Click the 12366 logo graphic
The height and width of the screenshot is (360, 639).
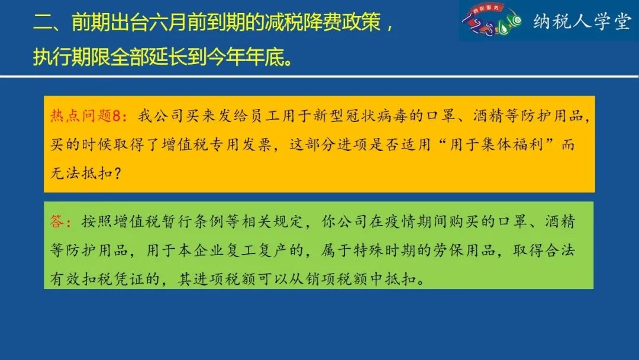pos(492,20)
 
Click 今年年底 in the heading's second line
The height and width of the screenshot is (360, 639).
pos(245,57)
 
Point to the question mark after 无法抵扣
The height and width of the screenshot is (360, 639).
pos(117,173)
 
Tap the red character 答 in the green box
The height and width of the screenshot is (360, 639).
pos(57,221)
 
